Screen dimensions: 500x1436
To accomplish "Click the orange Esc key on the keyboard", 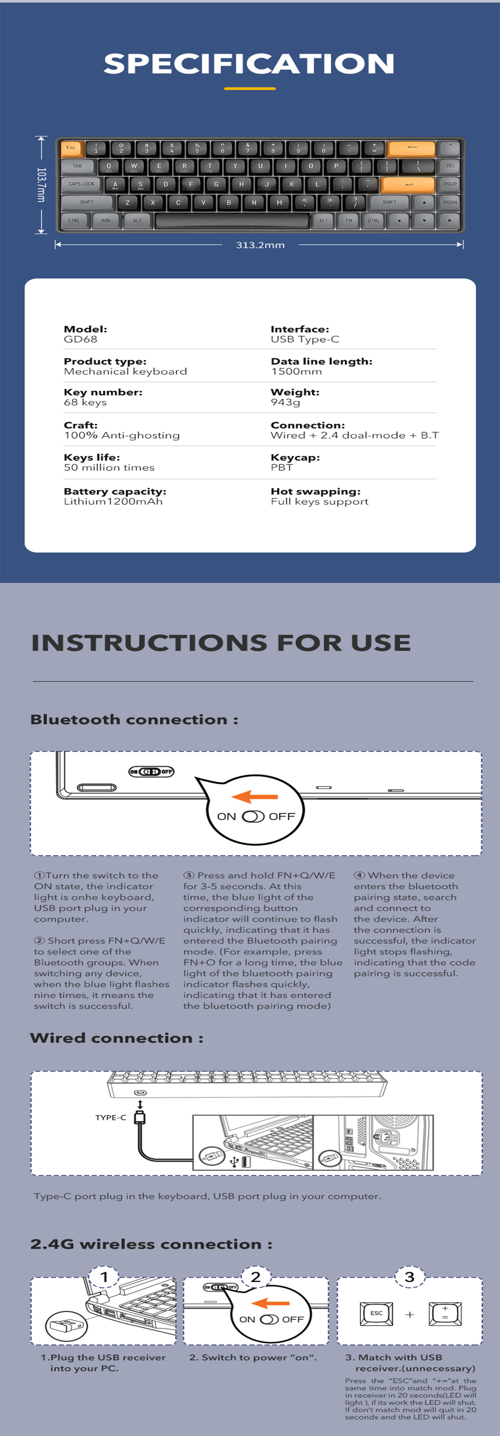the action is [71, 148].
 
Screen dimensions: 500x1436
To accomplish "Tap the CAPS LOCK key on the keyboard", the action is [81, 184].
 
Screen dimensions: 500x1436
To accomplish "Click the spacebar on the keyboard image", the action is [232, 220].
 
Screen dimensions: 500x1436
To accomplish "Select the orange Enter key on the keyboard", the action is [409, 184].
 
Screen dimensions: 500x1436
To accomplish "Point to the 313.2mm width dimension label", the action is [260, 245].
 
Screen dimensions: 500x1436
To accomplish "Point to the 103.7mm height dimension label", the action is [41, 185].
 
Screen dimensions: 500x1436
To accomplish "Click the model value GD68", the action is [81, 339].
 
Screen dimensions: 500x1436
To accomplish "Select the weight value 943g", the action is [285, 402].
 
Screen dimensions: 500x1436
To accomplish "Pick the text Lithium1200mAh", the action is [113, 501].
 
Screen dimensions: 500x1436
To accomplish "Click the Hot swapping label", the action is [315, 491].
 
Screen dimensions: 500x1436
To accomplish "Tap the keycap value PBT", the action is [282, 467].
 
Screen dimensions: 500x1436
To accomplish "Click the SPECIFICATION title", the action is [249, 64].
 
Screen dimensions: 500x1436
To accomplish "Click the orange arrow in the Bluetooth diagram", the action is [254, 797].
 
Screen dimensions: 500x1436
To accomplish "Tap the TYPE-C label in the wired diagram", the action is [111, 1117].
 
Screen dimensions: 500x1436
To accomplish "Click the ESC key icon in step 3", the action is [377, 1314].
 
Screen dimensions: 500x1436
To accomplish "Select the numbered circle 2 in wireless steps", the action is [256, 1276].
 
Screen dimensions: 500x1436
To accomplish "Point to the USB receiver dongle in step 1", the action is [65, 1324].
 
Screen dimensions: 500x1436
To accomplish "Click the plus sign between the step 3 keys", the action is [410, 1314].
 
